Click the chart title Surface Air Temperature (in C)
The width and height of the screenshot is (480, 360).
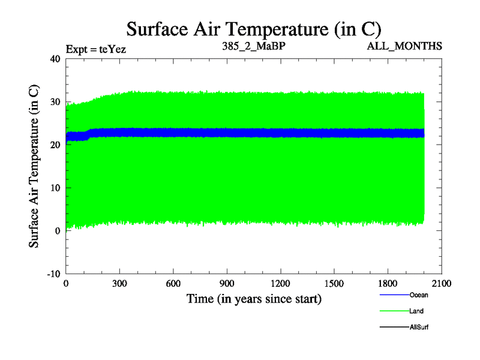[x=253, y=29]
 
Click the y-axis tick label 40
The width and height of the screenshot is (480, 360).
[x=55, y=59]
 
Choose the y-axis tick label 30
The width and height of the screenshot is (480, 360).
[x=55, y=102]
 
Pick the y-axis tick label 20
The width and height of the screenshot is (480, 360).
[x=55, y=145]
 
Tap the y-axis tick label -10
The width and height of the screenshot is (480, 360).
[x=53, y=274]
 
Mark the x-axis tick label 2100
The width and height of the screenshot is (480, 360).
[x=442, y=284]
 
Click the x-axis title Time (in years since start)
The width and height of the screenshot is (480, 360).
[x=254, y=298]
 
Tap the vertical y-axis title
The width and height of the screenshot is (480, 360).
[x=35, y=166]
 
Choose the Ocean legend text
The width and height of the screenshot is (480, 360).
[x=419, y=295]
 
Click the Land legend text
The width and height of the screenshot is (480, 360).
[x=416, y=311]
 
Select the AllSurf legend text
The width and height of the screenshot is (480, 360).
[x=419, y=328]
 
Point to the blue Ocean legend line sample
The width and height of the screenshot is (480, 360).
[x=394, y=295]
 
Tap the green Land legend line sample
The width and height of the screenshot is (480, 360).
[x=394, y=311]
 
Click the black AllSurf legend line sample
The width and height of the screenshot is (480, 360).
[x=394, y=328]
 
